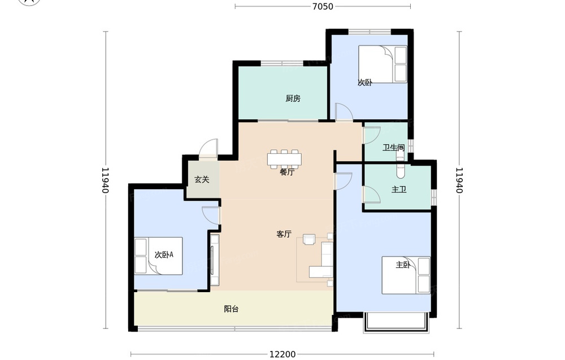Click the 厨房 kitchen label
pos(293,98)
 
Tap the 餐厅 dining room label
pos(287,172)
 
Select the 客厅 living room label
pos(284,234)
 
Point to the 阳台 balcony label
pos(231,309)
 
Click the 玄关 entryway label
pos(202,180)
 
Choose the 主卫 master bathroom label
pos(399,189)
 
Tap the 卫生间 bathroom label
pos(393,148)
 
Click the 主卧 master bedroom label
pos(403,265)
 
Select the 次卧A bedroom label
pos(164,255)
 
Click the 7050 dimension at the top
pos(323,6)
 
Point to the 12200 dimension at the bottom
pos(282,354)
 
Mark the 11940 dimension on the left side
pos(105,180)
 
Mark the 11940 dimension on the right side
pos(459,180)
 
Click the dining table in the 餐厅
pos(285,159)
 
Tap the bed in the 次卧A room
pos(159,256)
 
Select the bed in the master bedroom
pos(406,275)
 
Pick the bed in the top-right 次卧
pos(383,64)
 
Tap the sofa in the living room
pos(322,261)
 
